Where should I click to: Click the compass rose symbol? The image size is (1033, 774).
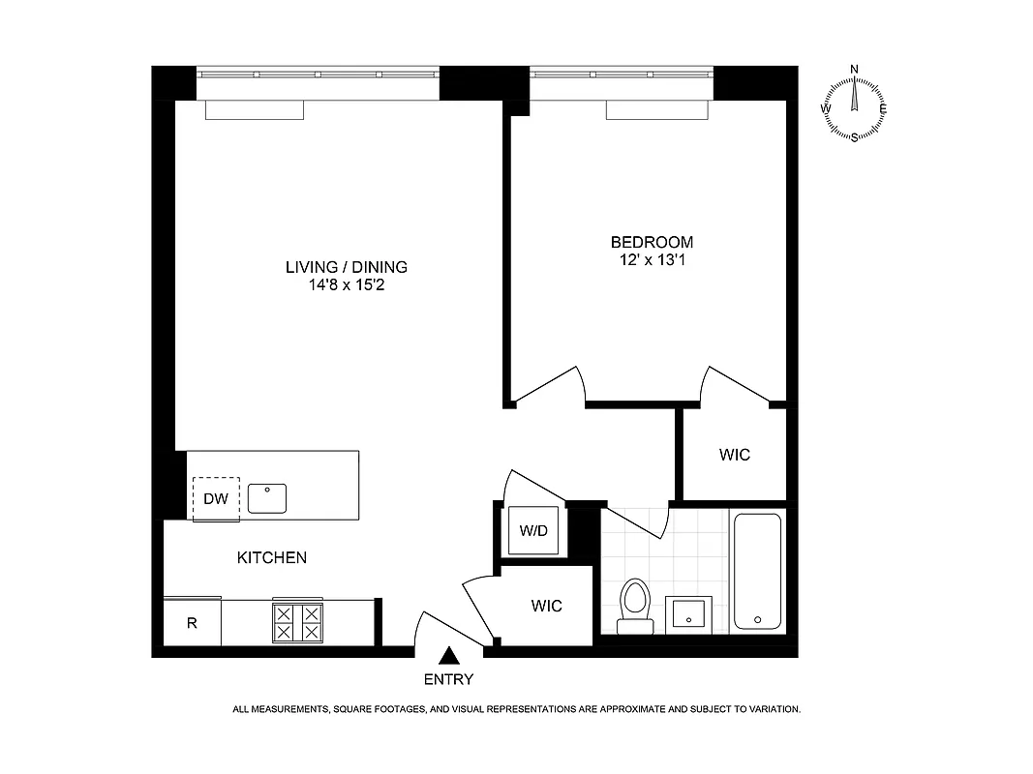[854, 103]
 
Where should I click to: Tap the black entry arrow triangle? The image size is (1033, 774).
[447, 657]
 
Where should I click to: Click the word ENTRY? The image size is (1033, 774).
[448, 679]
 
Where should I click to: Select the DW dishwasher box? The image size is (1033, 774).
[216, 499]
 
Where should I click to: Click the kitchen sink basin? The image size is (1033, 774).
[266, 498]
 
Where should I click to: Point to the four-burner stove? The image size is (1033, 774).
[298, 622]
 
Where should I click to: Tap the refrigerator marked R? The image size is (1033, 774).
[192, 623]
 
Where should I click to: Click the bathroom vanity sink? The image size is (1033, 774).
[689, 613]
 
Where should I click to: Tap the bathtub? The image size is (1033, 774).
[757, 571]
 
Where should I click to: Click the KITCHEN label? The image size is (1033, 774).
[272, 558]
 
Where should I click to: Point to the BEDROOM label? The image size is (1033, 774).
[651, 242]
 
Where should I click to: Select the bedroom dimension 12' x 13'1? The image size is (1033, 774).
[651, 259]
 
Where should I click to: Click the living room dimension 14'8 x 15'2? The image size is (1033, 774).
[346, 285]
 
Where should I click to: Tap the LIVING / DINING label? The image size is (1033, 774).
[346, 267]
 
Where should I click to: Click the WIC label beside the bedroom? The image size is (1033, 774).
[735, 455]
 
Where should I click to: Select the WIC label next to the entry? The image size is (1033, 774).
[546, 607]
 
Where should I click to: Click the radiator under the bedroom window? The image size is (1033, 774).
[654, 110]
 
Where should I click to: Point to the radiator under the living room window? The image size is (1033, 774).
[255, 110]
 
